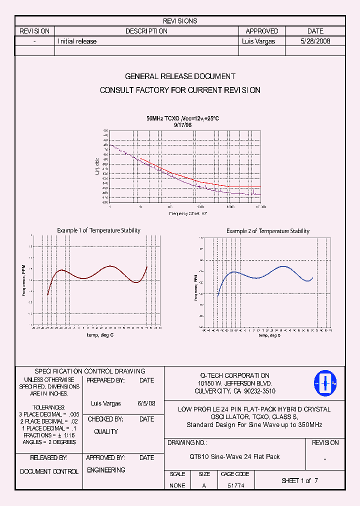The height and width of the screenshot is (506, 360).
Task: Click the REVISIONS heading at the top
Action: click(x=180, y=21)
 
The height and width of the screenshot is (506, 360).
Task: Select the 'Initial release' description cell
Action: click(x=77, y=41)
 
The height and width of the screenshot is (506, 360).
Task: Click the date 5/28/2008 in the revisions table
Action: click(x=315, y=41)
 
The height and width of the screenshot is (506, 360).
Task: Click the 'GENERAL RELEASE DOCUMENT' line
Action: click(x=180, y=76)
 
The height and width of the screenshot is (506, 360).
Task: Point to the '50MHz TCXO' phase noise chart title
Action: click(x=182, y=118)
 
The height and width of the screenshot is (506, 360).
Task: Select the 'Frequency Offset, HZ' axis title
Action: click(x=188, y=213)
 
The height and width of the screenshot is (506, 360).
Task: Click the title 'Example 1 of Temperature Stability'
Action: click(x=98, y=230)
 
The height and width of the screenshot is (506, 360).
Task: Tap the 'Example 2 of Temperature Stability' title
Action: click(x=267, y=231)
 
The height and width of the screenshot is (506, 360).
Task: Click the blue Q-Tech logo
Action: click(x=325, y=383)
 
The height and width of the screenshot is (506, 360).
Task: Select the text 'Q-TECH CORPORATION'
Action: click(x=234, y=375)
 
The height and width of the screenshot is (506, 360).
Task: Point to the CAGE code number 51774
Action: click(x=235, y=485)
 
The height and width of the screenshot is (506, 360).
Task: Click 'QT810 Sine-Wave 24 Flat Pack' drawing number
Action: click(x=234, y=456)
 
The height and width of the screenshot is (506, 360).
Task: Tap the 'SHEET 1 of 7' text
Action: click(x=299, y=480)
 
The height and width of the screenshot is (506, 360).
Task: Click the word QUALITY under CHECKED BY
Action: click(x=106, y=431)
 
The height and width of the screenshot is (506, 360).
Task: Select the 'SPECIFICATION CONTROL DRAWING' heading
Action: click(x=90, y=371)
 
